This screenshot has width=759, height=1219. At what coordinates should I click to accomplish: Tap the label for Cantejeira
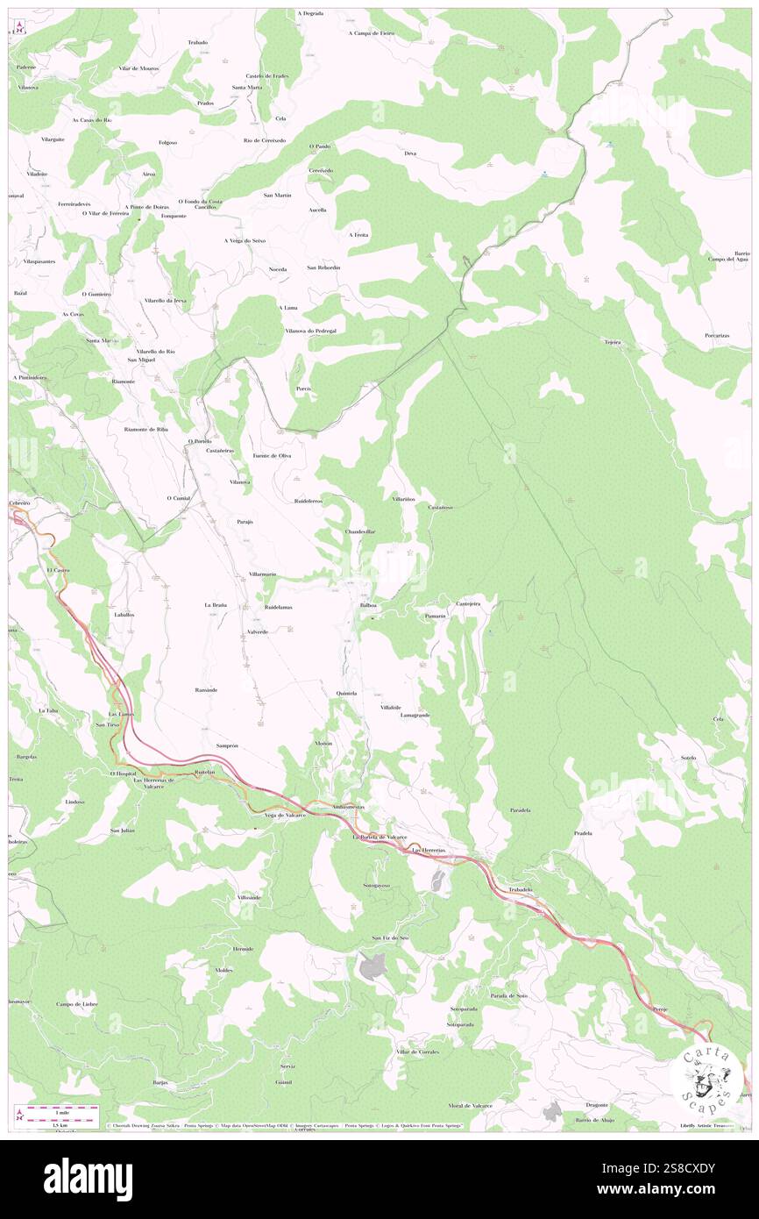coord(470,603)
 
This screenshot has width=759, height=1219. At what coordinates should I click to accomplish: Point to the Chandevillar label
coord(360,531)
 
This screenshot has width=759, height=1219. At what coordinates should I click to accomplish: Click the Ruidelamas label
coord(278,607)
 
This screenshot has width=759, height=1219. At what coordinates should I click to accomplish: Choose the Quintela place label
coord(346,693)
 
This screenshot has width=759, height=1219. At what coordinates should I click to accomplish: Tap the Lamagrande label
coord(415,715)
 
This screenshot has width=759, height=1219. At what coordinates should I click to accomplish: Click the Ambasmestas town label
coord(349,807)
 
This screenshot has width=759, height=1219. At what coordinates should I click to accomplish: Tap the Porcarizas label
coord(719,335)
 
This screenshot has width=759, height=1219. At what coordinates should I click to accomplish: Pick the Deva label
coord(409,153)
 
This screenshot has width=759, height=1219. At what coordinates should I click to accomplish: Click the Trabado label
coord(197,42)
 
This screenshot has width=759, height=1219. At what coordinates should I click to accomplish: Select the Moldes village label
coord(223,970)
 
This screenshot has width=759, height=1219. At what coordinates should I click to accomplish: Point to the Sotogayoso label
coord(377,886)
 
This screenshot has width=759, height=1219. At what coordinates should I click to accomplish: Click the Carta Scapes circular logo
coord(708,1077)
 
